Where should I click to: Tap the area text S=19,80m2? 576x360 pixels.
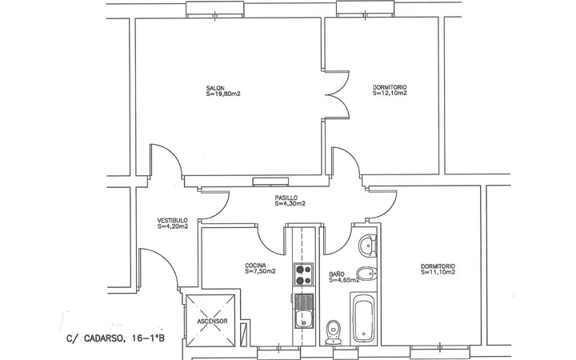click(223, 94)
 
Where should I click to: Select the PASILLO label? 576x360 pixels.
click(286, 198)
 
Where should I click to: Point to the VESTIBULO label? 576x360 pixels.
click(172, 221)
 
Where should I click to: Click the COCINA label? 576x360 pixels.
click(255, 266)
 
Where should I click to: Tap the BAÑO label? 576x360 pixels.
click(337, 274)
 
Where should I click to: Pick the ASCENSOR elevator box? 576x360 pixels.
click(210, 321)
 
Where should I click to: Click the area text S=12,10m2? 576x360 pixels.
click(390, 93)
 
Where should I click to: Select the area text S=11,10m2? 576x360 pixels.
click(438, 272)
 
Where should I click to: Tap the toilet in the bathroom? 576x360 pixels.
click(334, 332)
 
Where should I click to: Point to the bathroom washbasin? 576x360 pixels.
click(367, 245)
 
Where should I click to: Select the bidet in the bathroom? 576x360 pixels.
click(366, 274)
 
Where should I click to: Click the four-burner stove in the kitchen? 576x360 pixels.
click(303, 274)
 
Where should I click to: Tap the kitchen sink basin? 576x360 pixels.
click(303, 318)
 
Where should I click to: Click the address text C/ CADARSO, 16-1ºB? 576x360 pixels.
click(116, 338)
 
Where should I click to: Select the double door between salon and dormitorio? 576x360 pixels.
click(337, 94)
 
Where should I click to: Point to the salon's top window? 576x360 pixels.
click(215, 9)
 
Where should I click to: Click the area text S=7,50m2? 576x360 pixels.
click(260, 271)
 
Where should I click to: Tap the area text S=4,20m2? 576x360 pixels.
click(173, 226)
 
